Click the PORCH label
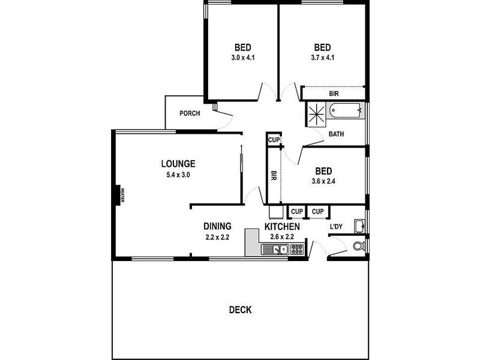[190, 113]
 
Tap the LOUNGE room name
[178, 163]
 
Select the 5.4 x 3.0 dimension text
[178, 175]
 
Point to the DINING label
[217, 226]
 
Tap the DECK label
[240, 310]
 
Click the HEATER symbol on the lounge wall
[120, 196]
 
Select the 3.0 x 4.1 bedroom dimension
[242, 58]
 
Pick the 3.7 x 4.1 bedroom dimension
[323, 58]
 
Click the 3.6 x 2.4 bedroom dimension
[323, 181]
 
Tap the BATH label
[336, 134]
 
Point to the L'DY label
[337, 227]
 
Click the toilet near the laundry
[359, 246]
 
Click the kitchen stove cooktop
[296, 250]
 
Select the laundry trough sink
[359, 226]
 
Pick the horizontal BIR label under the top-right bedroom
[334, 94]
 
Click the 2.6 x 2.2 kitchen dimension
[281, 237]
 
